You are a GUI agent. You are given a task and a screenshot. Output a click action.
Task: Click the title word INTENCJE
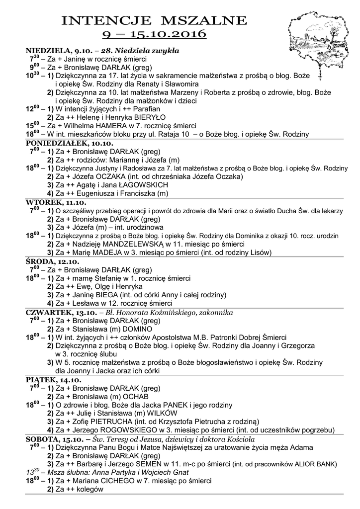106,21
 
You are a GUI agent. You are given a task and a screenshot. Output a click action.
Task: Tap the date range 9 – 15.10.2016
154,34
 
